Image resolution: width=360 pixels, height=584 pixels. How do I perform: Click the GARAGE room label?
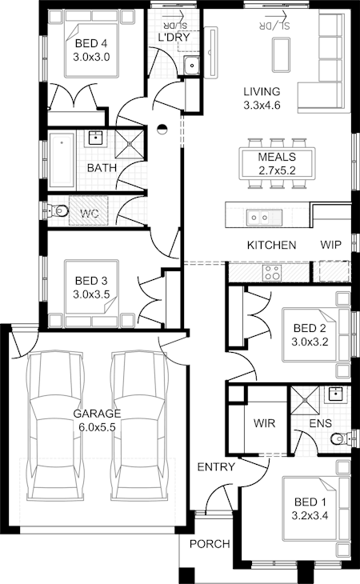point(97,414)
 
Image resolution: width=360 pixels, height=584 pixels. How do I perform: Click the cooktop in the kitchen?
point(272,273)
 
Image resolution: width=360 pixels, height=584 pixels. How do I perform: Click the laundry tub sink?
point(192,66)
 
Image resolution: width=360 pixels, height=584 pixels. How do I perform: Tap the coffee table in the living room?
point(281,55)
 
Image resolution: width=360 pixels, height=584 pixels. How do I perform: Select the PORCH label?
point(210,544)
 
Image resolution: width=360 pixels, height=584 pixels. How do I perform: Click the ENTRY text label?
point(216,466)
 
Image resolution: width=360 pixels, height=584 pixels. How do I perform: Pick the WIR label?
point(264,423)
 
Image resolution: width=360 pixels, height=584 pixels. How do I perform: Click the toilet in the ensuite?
point(341,438)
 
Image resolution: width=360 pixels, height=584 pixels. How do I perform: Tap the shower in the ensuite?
point(306,400)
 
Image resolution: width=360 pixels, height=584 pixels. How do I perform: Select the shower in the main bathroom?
point(129,143)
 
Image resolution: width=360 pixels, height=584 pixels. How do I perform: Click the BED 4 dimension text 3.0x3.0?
point(91,58)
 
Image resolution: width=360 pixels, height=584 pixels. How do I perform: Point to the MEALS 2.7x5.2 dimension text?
point(277,170)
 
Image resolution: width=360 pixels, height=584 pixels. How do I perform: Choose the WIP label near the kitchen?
point(330,245)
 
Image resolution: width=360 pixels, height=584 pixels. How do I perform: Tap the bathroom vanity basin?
point(96,138)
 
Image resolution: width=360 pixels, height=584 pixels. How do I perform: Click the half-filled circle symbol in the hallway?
point(162,129)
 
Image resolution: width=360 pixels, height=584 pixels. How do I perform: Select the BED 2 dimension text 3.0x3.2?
point(310,342)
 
